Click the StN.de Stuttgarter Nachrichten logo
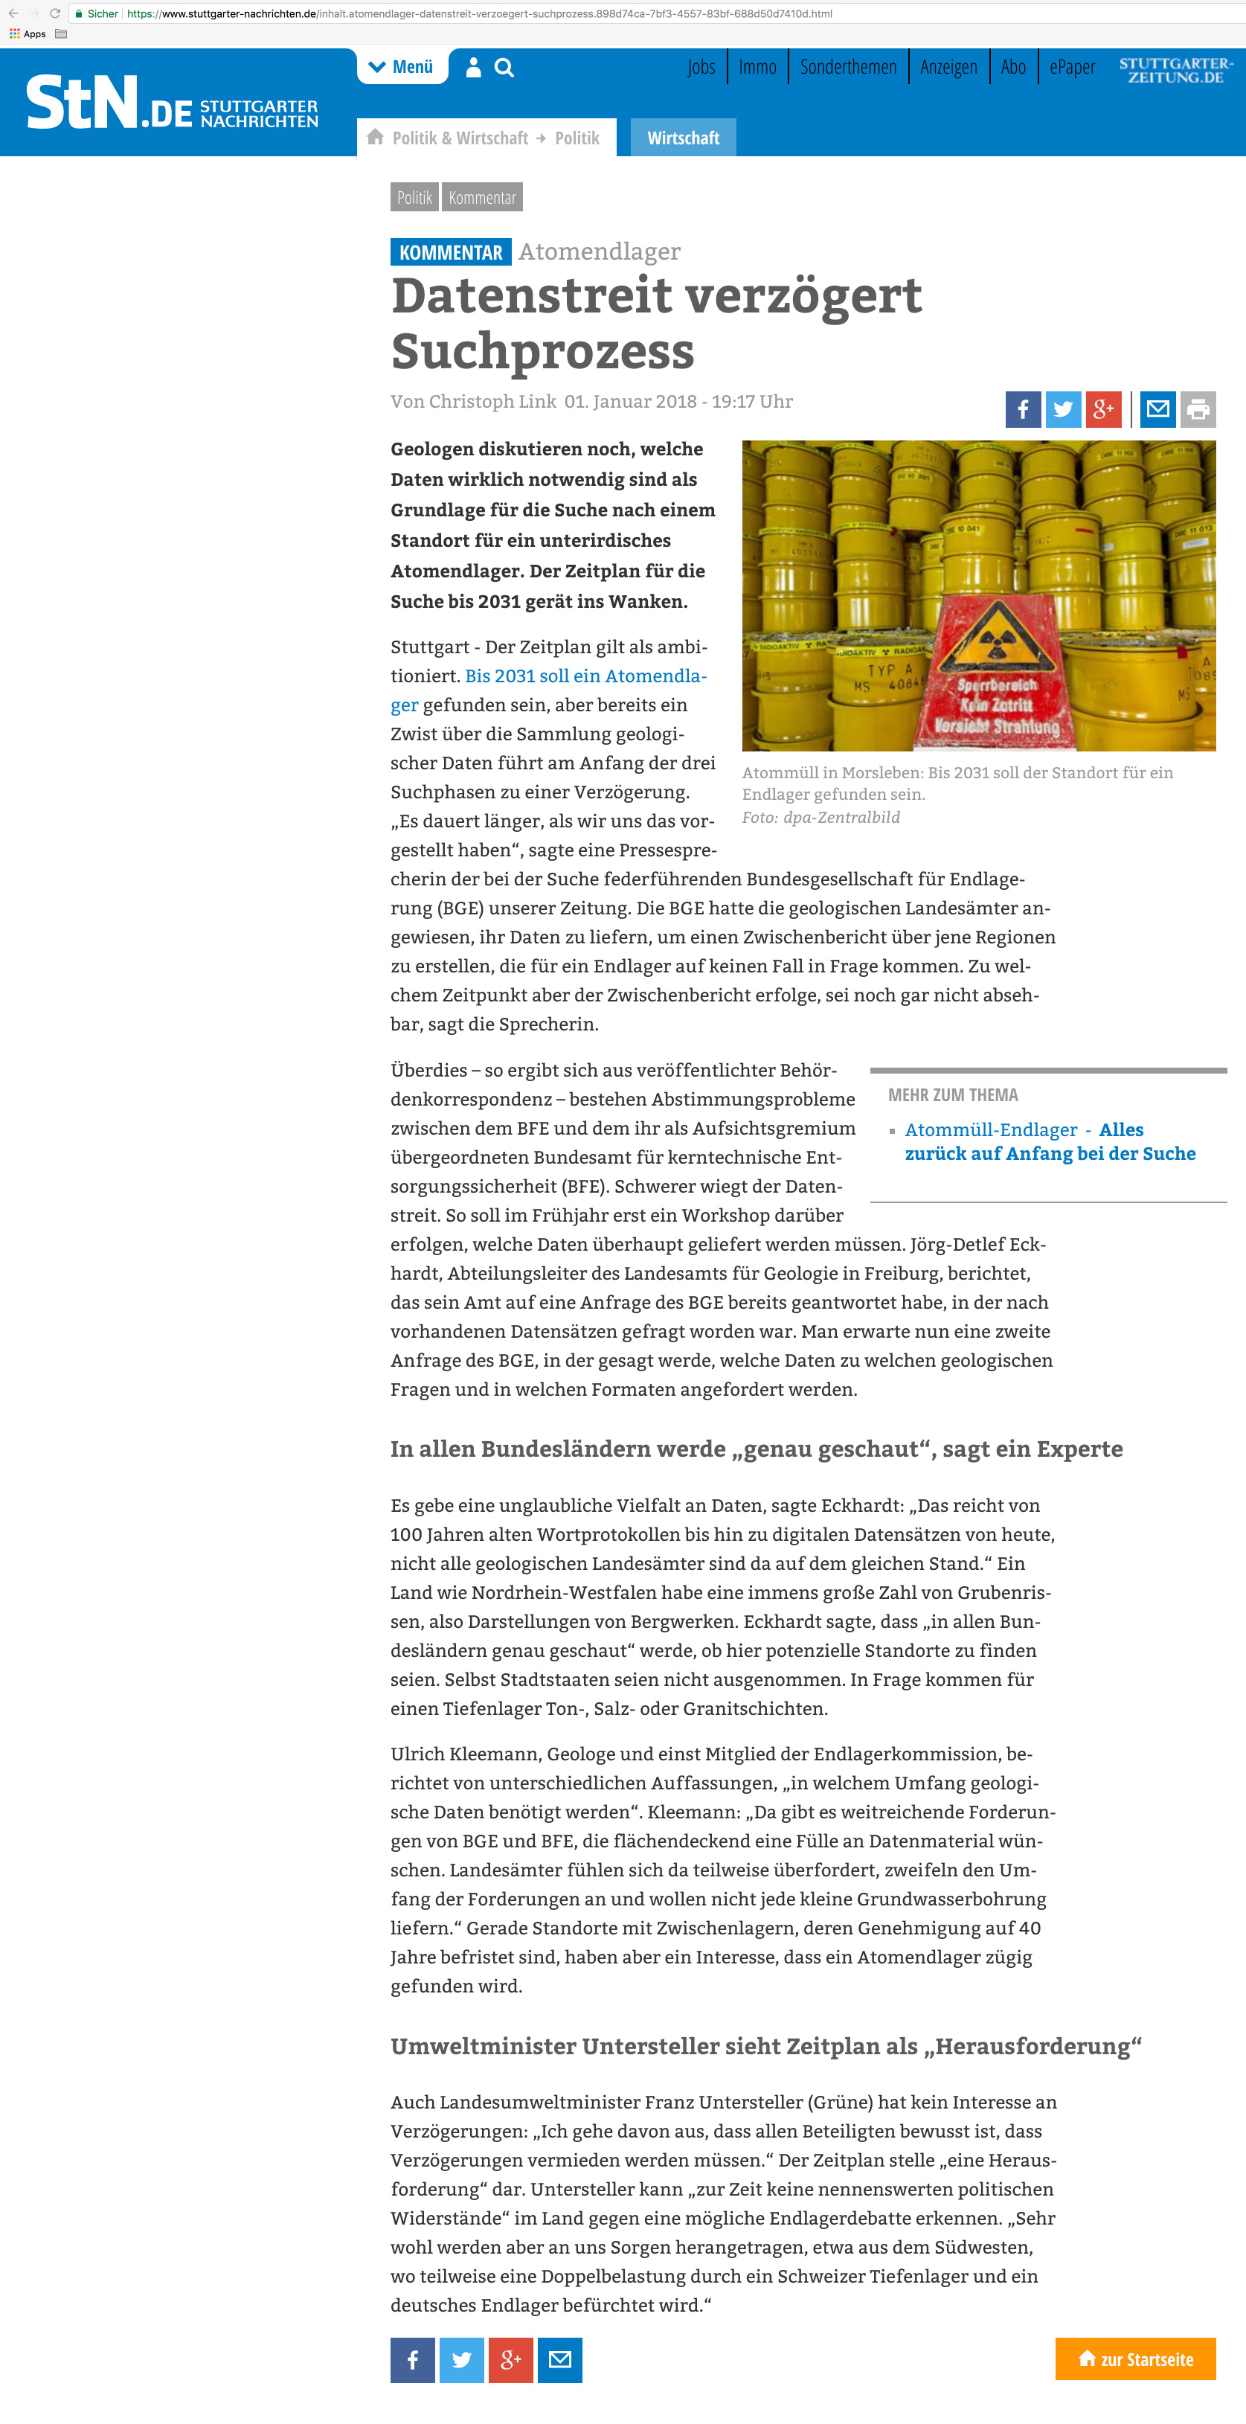(173, 103)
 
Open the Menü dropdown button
(402, 68)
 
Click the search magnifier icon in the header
(504, 68)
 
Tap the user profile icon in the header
(473, 68)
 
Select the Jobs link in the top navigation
(701, 68)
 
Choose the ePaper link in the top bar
(1072, 68)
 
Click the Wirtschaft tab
(683, 138)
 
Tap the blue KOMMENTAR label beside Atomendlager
(451, 252)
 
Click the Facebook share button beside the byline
(1023, 409)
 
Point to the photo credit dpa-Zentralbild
(841, 818)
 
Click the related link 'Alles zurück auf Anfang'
(1050, 1142)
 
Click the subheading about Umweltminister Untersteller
(766, 2047)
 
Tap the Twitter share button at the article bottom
(461, 2359)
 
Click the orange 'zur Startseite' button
(1135, 2359)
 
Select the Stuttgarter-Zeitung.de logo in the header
(1175, 71)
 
